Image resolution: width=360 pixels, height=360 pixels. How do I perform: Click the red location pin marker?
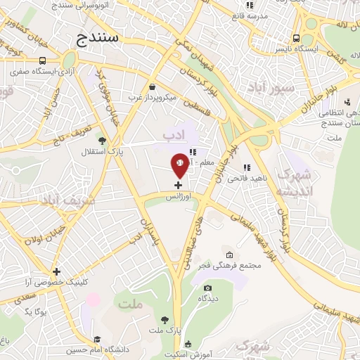click(x=179, y=165)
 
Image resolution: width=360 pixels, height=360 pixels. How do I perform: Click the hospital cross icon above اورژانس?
click(x=178, y=185)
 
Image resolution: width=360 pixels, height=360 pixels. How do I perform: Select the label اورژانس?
click(x=178, y=198)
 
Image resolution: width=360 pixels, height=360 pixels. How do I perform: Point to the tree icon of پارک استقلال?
click(x=103, y=141)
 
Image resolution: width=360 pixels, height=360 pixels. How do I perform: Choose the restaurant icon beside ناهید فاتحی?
click(x=247, y=167)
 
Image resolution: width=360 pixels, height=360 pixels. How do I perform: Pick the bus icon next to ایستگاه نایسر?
click(x=297, y=38)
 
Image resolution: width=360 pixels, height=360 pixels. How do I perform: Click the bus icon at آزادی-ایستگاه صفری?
click(x=43, y=60)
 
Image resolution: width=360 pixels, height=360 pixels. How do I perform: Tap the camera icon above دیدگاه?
click(x=207, y=288)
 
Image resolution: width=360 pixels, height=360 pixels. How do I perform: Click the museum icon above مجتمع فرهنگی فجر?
click(x=229, y=255)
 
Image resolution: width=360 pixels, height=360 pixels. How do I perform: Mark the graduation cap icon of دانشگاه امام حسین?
click(x=96, y=339)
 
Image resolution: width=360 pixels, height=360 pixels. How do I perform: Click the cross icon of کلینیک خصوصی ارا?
click(x=56, y=271)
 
